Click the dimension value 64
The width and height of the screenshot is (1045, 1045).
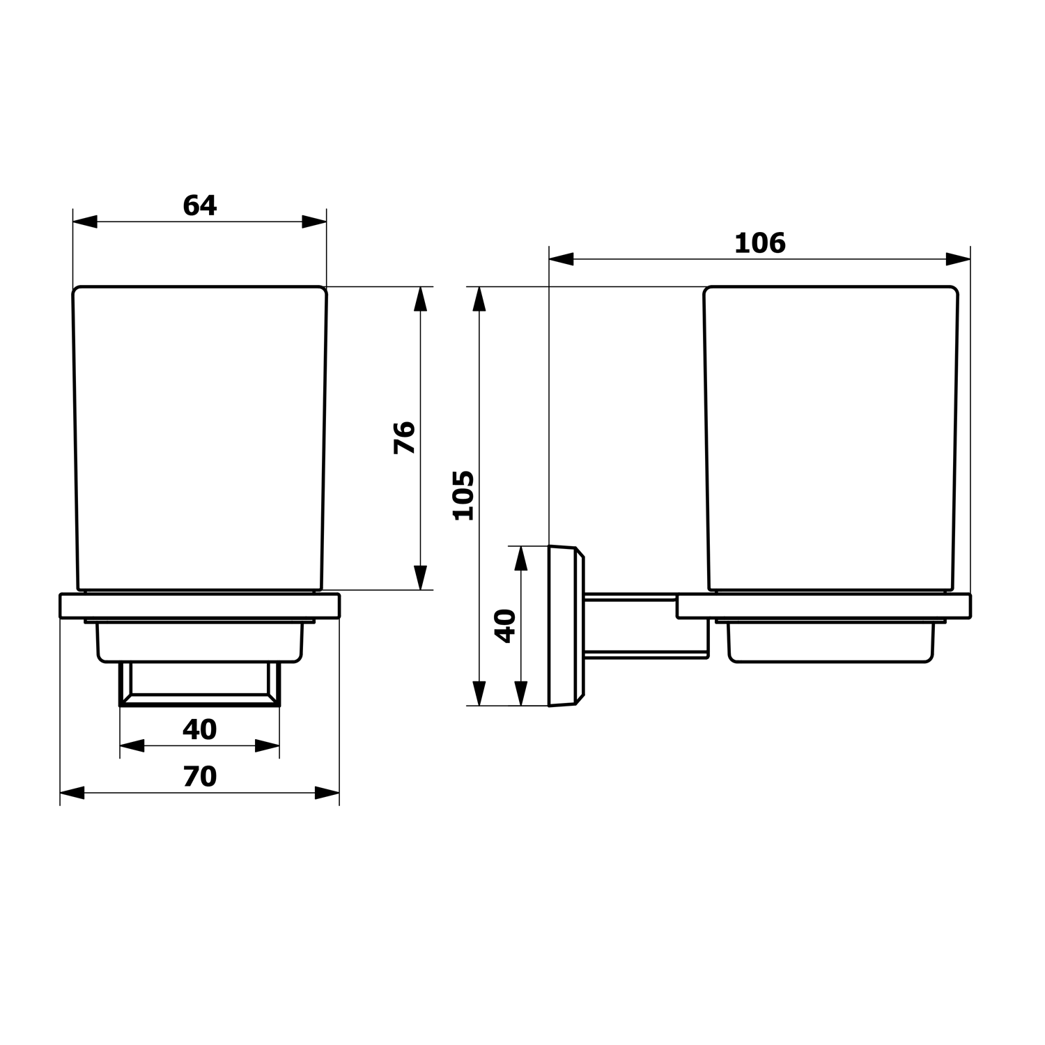click(x=200, y=206)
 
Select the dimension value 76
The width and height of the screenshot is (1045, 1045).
click(x=405, y=438)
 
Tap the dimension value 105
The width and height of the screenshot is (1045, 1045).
click(x=464, y=495)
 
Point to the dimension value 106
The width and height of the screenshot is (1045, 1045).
click(x=760, y=243)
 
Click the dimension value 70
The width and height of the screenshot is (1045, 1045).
click(x=200, y=777)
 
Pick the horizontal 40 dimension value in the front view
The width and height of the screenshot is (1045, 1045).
click(x=200, y=729)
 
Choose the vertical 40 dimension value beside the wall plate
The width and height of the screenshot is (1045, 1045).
click(x=505, y=626)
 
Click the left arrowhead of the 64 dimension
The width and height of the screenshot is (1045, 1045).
click(x=85, y=222)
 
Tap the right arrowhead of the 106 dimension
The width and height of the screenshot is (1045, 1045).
click(x=958, y=259)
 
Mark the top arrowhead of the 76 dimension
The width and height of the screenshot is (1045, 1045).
click(x=420, y=299)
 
